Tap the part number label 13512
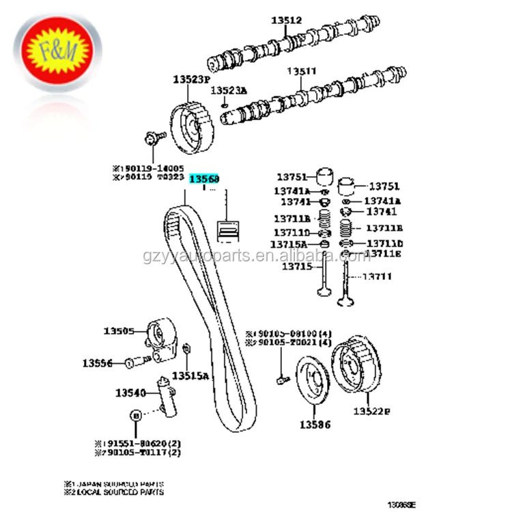pyautogui.click(x=286, y=21)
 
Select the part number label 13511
pyautogui.click(x=301, y=71)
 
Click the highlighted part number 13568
pyautogui.click(x=204, y=180)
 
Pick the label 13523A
pyautogui.click(x=229, y=90)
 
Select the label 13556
pyautogui.click(x=98, y=363)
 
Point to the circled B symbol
pyautogui.click(x=135, y=415)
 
